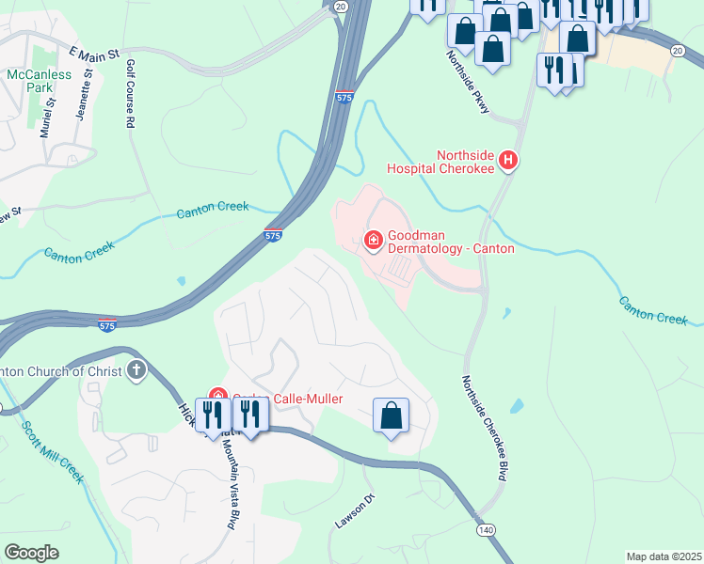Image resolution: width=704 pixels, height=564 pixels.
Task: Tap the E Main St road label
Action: [x=95, y=57]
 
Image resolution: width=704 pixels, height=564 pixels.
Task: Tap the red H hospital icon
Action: [x=509, y=161]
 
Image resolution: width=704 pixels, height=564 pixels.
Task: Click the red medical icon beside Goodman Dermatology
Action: [x=374, y=242]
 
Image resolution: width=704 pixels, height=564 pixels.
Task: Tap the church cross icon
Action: [x=136, y=370]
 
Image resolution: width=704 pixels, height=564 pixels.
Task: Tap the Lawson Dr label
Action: [x=356, y=510]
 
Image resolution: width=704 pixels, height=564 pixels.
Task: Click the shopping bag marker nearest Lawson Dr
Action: [x=392, y=415]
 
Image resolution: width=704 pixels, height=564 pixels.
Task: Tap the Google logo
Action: [x=31, y=553]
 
